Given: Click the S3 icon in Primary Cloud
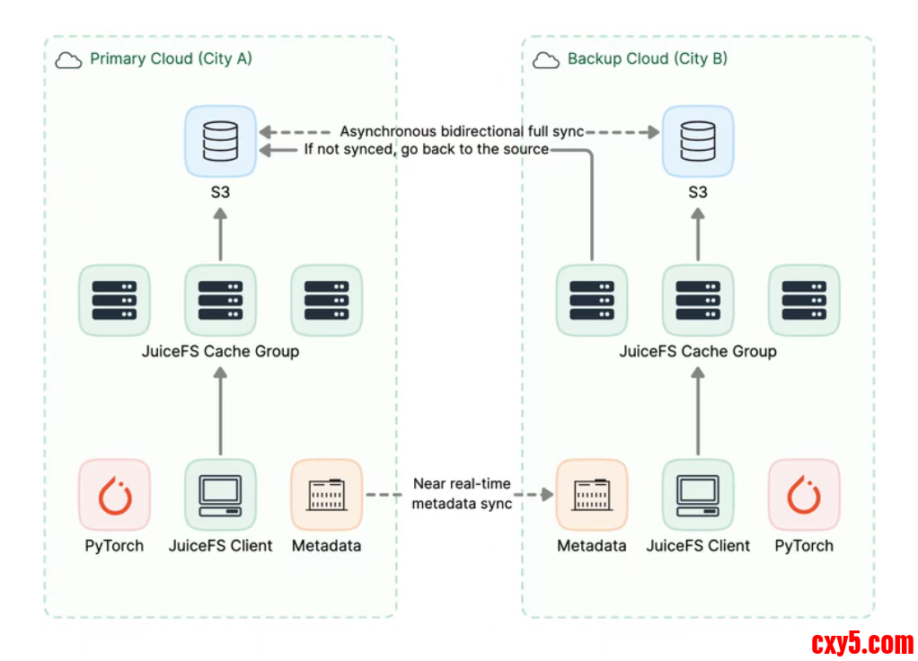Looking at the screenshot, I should click(x=220, y=141).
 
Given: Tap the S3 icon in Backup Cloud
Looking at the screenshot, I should click(x=698, y=141).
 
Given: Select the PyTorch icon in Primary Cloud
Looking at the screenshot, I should click(x=114, y=495).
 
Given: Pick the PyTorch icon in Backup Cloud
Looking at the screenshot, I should click(x=804, y=495).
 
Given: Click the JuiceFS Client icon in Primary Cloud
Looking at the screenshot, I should click(x=220, y=495).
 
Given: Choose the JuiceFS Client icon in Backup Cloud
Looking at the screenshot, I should click(x=698, y=495).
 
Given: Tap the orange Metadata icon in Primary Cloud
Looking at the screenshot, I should click(x=326, y=495).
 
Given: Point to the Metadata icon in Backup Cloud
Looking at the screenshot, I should click(x=592, y=495).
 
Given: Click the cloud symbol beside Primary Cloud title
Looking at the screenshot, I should click(x=68, y=60).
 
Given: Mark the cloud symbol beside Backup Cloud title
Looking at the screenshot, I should click(x=546, y=60).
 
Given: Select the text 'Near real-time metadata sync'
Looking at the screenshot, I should click(x=462, y=494).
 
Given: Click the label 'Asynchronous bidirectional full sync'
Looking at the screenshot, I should click(x=462, y=132).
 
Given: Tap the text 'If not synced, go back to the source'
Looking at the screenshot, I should click(x=426, y=149).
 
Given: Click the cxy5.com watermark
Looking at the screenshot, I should click(x=861, y=643).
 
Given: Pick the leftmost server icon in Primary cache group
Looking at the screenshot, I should click(x=114, y=300).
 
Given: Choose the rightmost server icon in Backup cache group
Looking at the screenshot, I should click(x=804, y=300).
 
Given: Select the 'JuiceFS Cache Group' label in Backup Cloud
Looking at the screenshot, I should click(x=698, y=351).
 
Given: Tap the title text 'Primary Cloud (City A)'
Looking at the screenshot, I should click(x=171, y=59).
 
